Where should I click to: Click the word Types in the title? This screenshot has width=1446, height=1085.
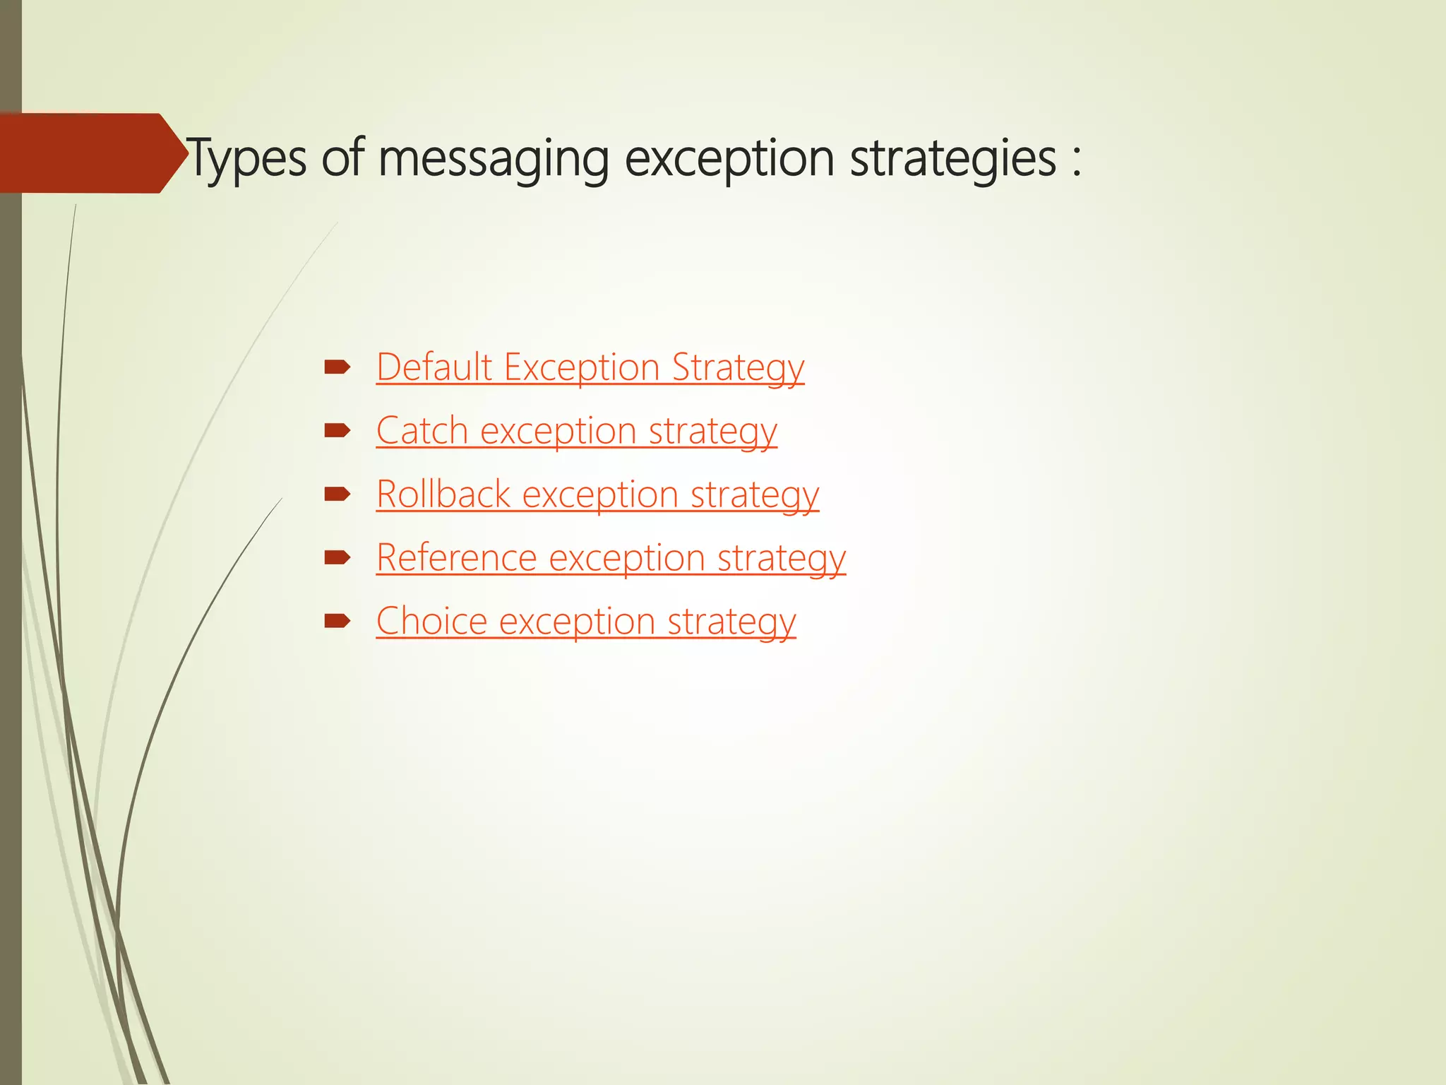pyautogui.click(x=247, y=159)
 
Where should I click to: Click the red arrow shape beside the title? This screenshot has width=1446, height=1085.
pyautogui.click(x=88, y=153)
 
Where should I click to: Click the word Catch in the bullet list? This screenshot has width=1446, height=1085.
pyautogui.click(x=422, y=431)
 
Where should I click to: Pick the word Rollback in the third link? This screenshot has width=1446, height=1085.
pyautogui.click(x=443, y=494)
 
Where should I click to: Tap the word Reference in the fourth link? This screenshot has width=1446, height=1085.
pyautogui.click(x=456, y=558)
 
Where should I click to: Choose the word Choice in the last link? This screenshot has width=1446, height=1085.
pyautogui.click(x=431, y=622)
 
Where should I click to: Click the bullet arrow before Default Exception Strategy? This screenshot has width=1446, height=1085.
pyautogui.click(x=337, y=367)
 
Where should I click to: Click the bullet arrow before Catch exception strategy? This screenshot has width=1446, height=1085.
pyautogui.click(x=337, y=431)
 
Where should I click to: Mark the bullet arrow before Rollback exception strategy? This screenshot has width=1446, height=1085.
pyautogui.click(x=337, y=494)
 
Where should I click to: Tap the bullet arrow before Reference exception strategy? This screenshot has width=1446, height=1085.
pyautogui.click(x=337, y=558)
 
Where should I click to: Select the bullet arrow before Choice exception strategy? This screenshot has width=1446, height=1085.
pyautogui.click(x=337, y=622)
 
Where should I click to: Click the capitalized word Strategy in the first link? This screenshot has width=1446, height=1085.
pyautogui.click(x=737, y=369)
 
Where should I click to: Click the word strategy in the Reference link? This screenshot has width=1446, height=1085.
pyautogui.click(x=782, y=559)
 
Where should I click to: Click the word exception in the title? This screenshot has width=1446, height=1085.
pyautogui.click(x=729, y=159)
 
